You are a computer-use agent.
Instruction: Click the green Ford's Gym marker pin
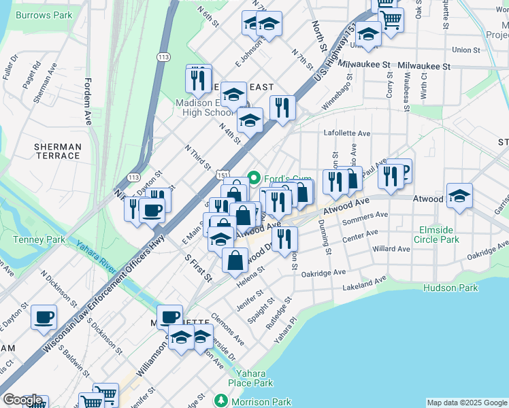pos(255,178)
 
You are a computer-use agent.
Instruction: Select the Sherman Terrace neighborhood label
pos(58,151)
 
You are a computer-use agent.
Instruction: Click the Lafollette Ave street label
pos(347,134)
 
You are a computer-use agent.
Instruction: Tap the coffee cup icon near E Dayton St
pos(44,316)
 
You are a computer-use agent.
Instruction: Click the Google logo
pos(23,401)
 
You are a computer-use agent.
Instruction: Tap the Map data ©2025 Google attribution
pos(467,403)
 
